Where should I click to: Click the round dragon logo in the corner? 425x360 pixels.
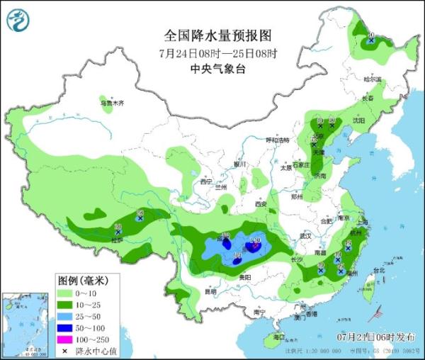pyautogui.click(x=17, y=19)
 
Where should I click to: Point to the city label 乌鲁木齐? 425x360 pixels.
pyautogui.click(x=111, y=103)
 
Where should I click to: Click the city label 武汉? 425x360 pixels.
pyautogui.click(x=306, y=235)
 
